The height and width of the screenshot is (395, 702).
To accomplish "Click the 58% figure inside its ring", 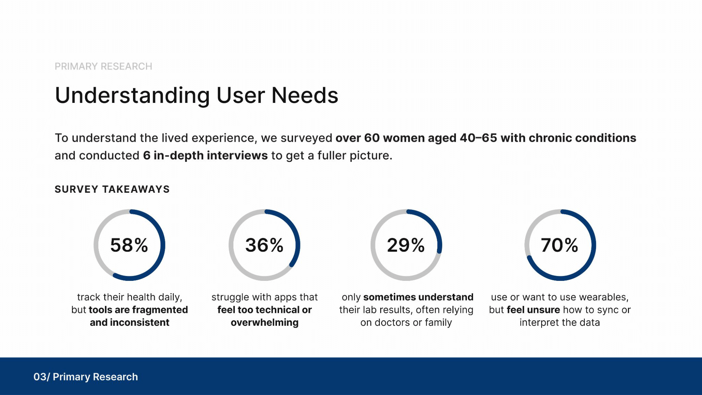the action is coord(129,245).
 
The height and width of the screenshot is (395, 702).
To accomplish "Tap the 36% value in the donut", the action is coord(264,245).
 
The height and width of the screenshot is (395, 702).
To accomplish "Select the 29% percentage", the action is coord(406,245).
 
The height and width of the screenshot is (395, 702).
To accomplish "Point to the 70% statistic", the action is coord(559,245).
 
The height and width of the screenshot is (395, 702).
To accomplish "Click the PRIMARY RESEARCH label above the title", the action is coord(104,66).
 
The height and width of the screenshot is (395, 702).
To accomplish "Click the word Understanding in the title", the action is coord(132,96).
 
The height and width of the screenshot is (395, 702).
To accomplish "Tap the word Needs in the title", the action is coord(305,96).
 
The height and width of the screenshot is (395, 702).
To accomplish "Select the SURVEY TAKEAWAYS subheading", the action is coord(112,189).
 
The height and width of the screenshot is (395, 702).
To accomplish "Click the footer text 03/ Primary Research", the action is coord(86,377).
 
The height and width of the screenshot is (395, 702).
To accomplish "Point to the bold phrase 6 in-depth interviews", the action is coord(205,156).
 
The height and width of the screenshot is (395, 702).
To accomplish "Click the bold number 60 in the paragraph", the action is coord(372,138).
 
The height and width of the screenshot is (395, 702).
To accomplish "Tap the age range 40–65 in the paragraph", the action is coord(478,138).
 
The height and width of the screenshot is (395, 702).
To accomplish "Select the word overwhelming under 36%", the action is coord(265,323).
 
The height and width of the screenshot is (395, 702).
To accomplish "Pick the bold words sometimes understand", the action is coord(418,297).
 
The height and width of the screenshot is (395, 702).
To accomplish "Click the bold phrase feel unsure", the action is coord(533,310).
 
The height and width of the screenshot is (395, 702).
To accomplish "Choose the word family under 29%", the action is coord(438,323).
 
